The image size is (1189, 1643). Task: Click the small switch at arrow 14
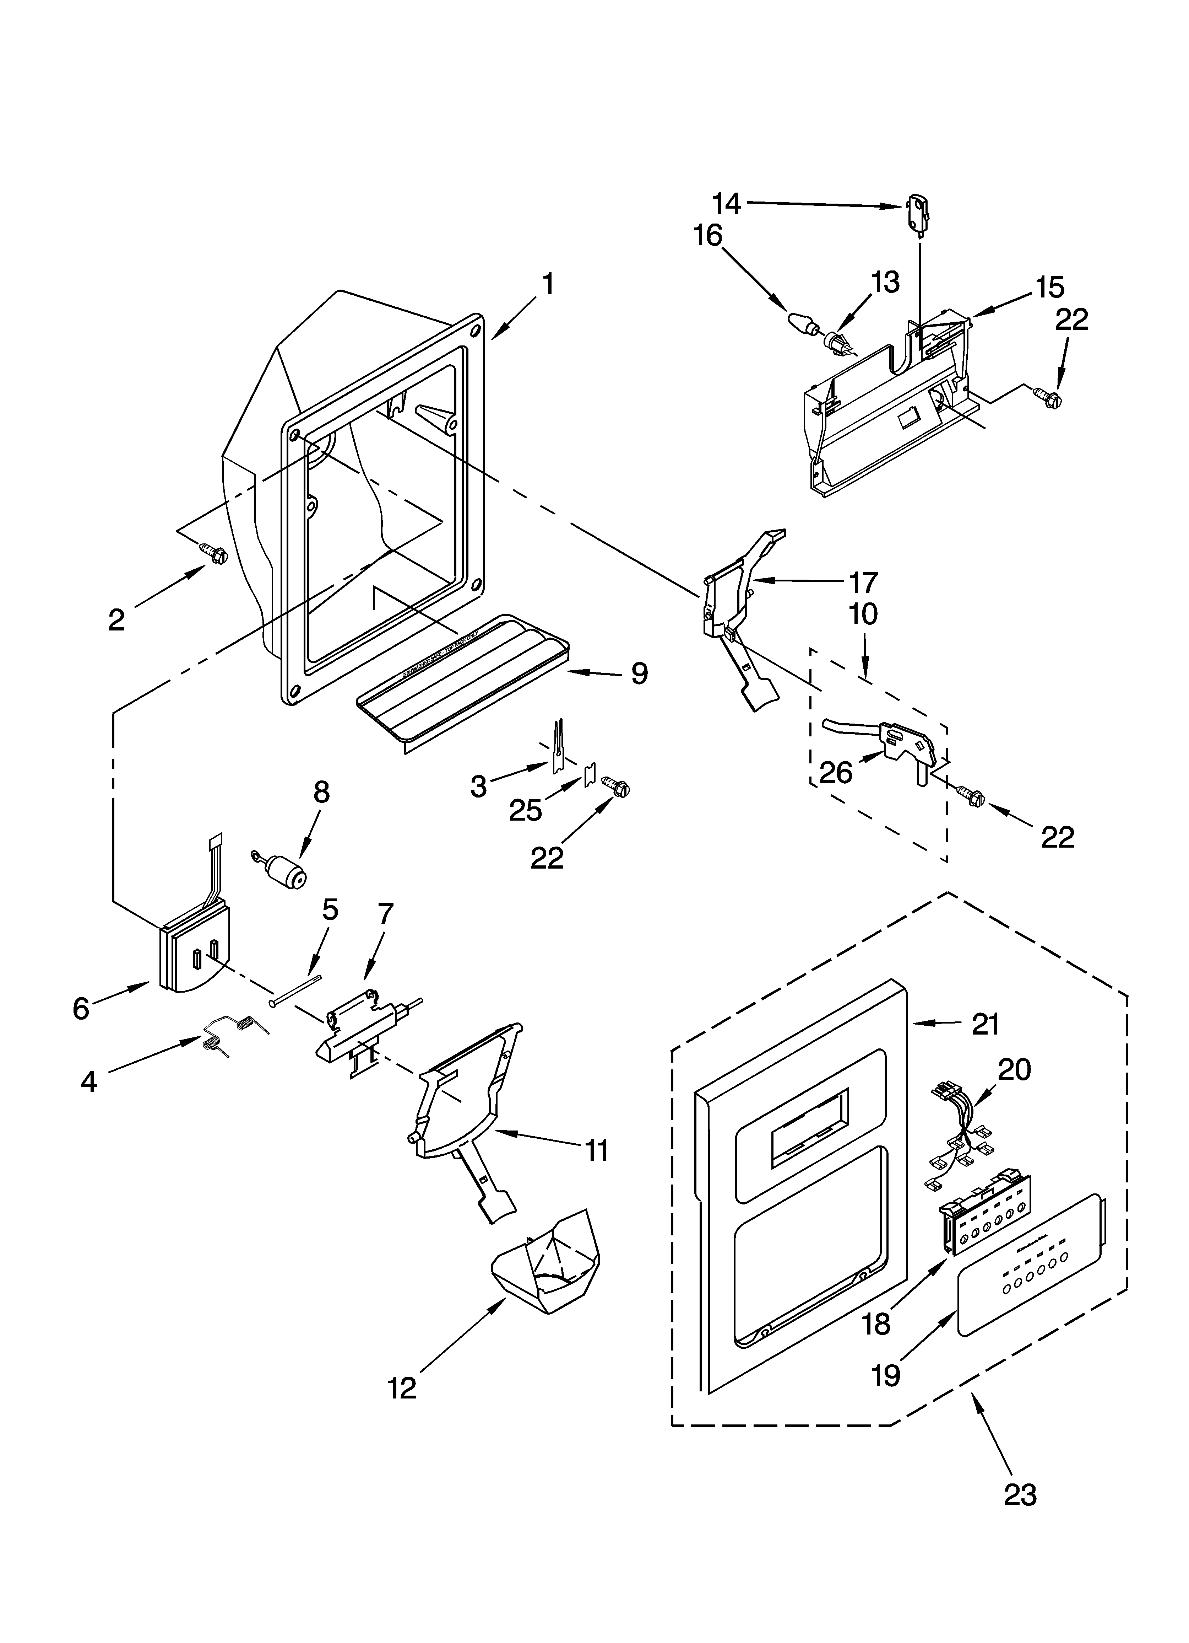(x=917, y=212)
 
